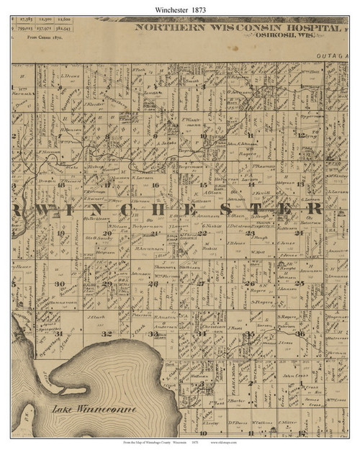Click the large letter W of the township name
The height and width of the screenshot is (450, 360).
(x=33, y=209)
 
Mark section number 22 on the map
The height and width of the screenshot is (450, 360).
(x=204, y=233)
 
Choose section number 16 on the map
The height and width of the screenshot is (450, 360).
(x=156, y=184)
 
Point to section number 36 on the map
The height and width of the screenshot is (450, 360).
(x=300, y=333)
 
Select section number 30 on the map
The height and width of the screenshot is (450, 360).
(x=60, y=284)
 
